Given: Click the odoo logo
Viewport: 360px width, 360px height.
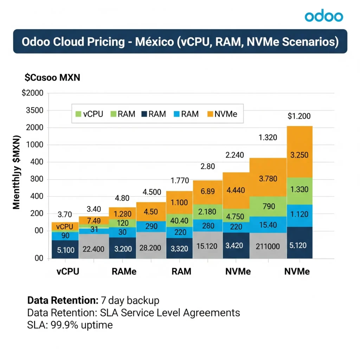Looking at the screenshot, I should (x=323, y=16).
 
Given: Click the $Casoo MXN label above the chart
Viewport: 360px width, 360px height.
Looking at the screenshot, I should (x=52, y=78).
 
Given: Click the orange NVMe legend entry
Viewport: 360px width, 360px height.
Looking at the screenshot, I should (x=223, y=114).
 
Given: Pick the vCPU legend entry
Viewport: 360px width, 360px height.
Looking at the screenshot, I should (x=90, y=114).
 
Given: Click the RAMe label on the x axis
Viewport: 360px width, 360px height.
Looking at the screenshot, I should (x=124, y=272).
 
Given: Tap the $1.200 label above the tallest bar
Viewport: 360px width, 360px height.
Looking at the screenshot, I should (x=299, y=116).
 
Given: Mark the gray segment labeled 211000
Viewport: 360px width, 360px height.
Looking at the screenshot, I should (x=268, y=246).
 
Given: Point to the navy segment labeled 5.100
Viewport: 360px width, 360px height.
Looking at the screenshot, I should (x=65, y=250).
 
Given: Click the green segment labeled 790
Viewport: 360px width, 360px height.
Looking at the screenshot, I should (x=268, y=206).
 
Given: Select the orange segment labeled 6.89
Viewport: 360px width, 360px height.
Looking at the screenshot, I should (x=207, y=192).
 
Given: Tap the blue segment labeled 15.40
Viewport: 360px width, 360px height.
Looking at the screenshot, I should (x=268, y=224).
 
